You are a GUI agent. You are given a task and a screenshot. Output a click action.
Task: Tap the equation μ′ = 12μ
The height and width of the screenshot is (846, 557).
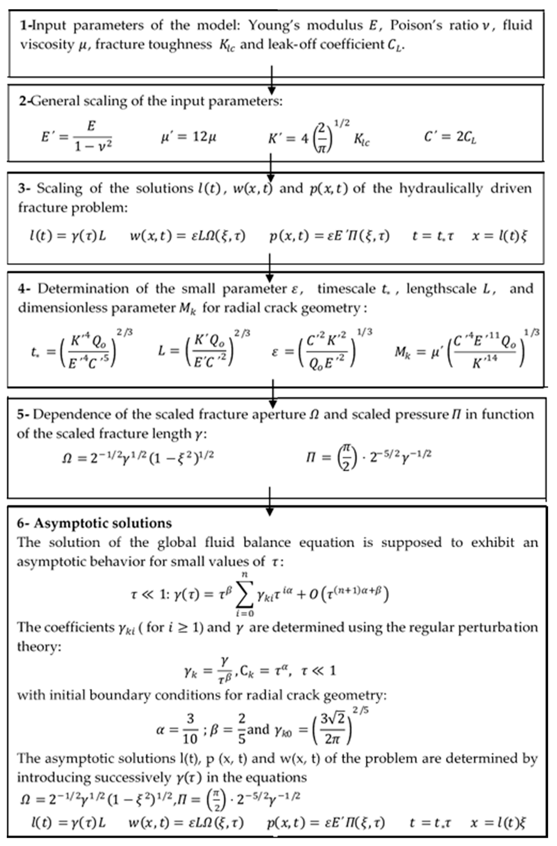(188, 137)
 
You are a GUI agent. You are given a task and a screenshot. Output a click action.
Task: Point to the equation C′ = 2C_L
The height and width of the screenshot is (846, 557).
(450, 137)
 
